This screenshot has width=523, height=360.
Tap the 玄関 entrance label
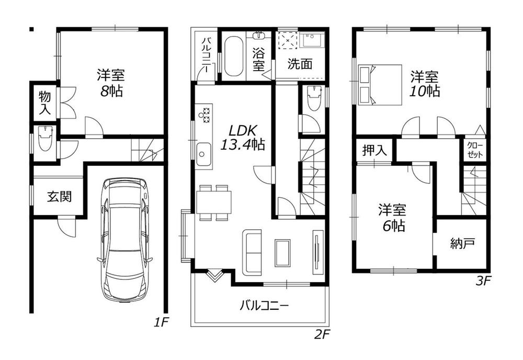click(59, 197)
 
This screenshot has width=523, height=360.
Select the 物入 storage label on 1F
click(44, 103)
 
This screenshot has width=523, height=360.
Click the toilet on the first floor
click(45, 139)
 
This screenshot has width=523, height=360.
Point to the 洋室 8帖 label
click(111, 83)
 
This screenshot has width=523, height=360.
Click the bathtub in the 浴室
click(233, 57)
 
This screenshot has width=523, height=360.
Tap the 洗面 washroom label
click(300, 64)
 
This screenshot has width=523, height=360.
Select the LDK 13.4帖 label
click(243, 137)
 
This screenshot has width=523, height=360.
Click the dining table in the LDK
click(214, 202)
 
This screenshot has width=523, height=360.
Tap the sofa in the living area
click(252, 252)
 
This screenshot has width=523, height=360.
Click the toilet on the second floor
click(313, 98)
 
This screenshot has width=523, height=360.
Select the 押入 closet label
click(374, 151)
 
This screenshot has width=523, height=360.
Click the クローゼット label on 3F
click(475, 150)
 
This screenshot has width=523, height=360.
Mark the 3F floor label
click(483, 281)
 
